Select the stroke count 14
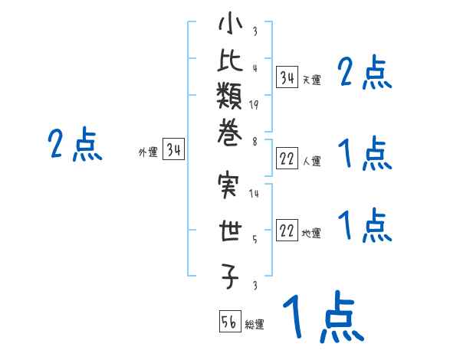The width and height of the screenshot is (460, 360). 255,194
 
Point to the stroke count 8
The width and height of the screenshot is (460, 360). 255,142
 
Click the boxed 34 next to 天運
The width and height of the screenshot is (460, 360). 287,77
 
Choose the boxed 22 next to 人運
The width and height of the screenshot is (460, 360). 287,159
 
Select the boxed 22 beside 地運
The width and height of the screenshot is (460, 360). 287,231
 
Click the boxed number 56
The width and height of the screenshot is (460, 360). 229,322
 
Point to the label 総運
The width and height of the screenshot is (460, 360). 255,325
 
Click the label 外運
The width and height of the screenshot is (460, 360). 148,152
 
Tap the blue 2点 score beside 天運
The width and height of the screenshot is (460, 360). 365,74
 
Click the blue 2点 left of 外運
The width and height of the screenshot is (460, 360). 75,144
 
